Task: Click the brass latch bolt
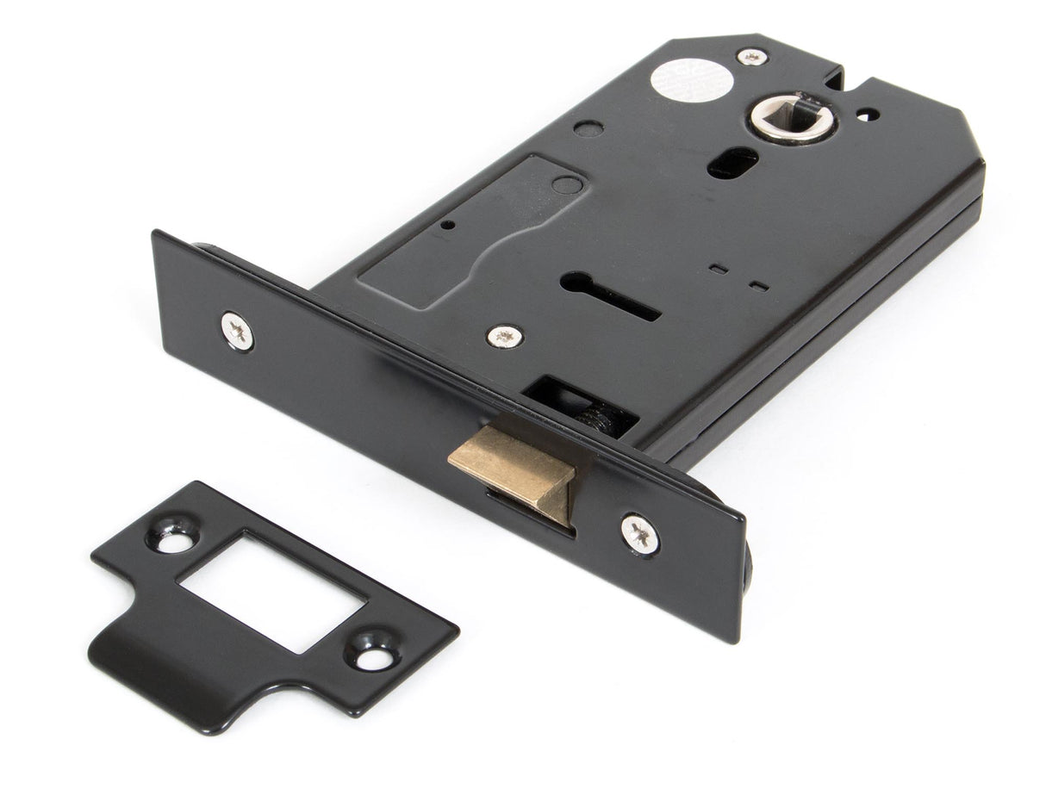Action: (x=513, y=469)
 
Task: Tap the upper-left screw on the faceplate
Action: (x=236, y=330)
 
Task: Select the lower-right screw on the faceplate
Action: (x=640, y=534)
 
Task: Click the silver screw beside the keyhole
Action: (x=504, y=336)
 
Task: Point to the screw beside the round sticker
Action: (x=752, y=57)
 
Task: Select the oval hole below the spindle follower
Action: (x=733, y=162)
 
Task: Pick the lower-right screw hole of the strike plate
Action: (x=373, y=658)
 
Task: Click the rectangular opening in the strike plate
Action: (x=272, y=592)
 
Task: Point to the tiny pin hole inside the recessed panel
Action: (x=448, y=226)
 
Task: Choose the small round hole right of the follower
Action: (x=868, y=114)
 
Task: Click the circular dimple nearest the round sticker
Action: (x=588, y=129)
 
